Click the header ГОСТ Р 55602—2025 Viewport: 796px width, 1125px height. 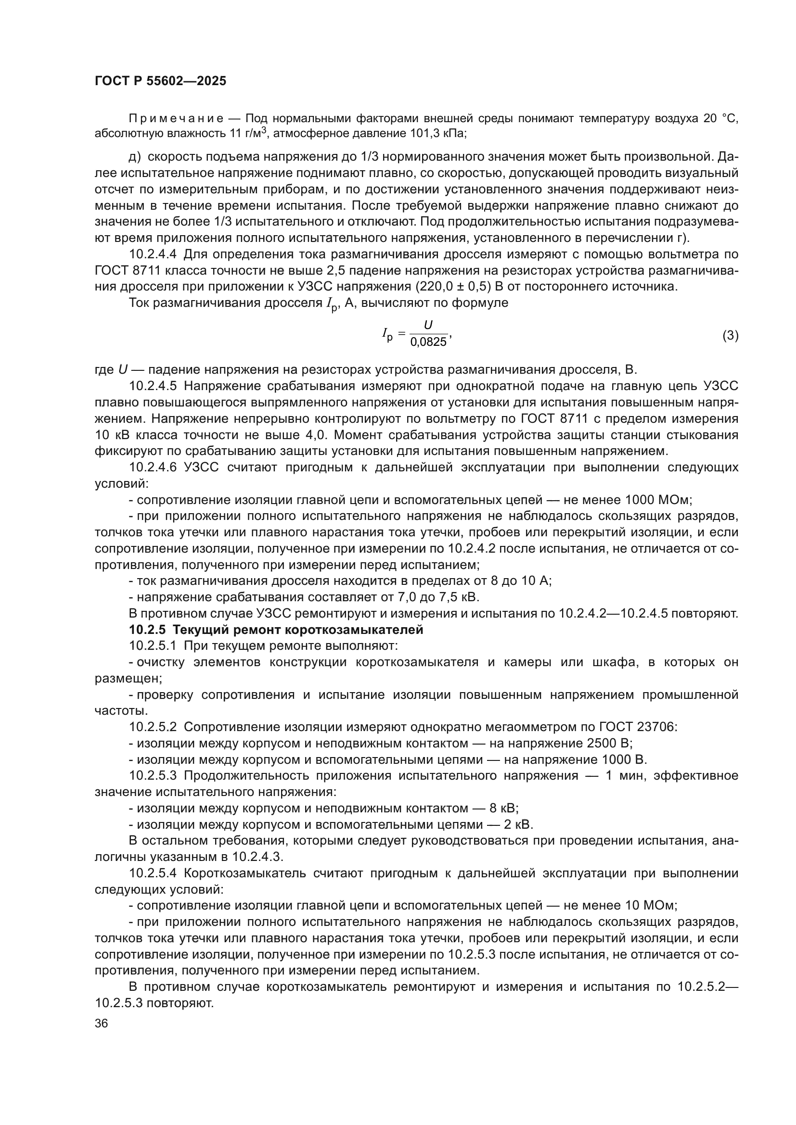pos(160,81)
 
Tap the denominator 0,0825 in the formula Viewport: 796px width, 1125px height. pos(428,342)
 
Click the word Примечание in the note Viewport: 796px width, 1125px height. pos(176,118)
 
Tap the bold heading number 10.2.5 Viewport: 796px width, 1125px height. pos(148,630)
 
